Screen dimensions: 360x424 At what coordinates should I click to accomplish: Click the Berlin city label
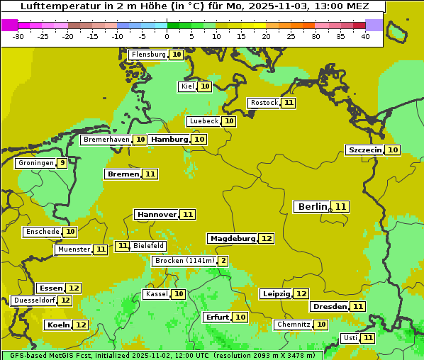(x=312, y=207)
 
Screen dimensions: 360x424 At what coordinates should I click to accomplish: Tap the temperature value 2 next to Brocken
(x=223, y=261)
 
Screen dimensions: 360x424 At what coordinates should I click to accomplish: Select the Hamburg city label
(x=169, y=140)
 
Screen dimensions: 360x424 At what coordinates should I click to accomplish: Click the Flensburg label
(x=149, y=55)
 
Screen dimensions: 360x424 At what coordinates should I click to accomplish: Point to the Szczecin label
(x=364, y=150)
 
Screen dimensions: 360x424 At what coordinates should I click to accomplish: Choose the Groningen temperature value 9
(x=62, y=163)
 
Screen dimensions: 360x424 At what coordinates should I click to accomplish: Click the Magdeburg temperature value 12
(x=266, y=239)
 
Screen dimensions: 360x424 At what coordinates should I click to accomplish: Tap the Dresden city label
(x=329, y=307)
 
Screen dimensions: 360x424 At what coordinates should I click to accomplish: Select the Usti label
(x=350, y=338)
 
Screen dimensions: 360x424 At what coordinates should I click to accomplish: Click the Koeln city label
(x=58, y=325)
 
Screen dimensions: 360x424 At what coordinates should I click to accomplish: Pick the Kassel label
(x=155, y=294)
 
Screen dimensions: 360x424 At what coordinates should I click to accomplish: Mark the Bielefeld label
(x=148, y=246)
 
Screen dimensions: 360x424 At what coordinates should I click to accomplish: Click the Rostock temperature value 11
(x=288, y=103)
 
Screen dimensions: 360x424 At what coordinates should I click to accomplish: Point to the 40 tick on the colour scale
(x=365, y=36)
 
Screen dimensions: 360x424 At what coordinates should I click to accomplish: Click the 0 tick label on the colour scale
(x=167, y=36)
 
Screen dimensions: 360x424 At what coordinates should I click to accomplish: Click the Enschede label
(x=42, y=232)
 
